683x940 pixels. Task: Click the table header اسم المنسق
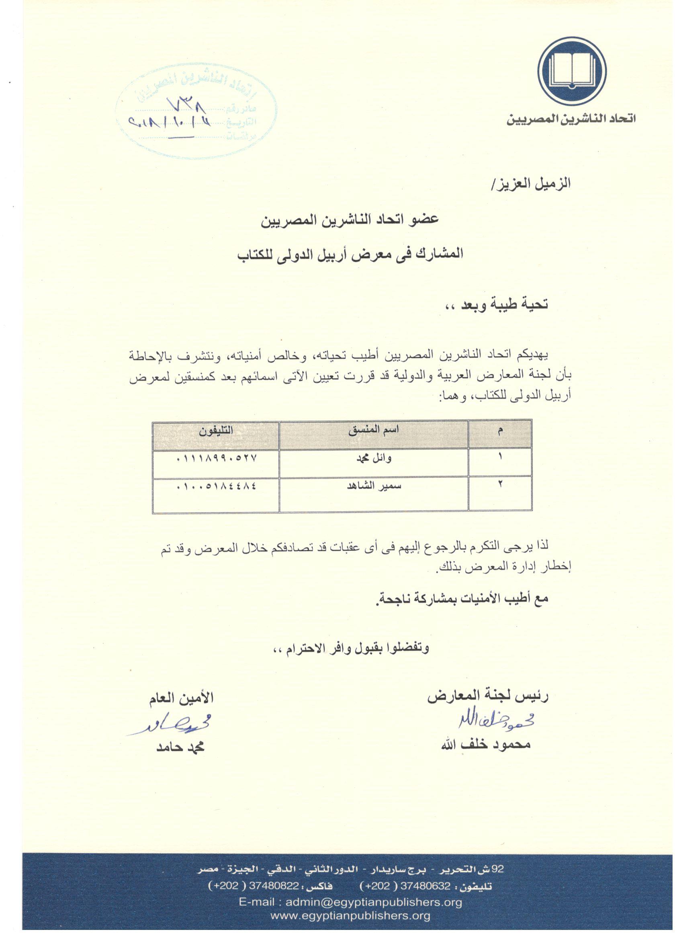point(374,430)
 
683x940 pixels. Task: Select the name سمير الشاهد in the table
point(374,486)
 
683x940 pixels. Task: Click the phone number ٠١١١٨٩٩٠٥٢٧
point(217,458)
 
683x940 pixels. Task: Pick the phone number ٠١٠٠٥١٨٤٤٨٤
point(217,486)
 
